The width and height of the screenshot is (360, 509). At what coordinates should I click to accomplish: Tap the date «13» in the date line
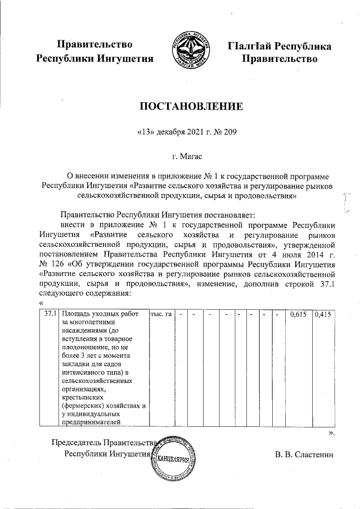coord(146,134)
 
